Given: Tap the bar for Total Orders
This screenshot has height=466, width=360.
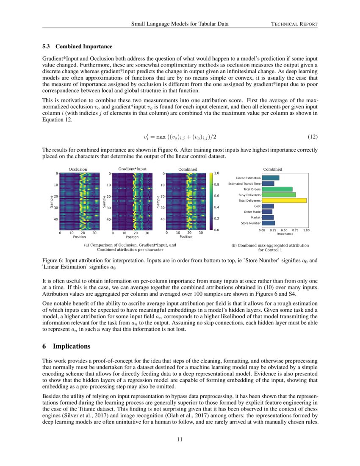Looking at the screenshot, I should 277,189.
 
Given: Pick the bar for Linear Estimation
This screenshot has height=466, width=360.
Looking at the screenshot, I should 270,178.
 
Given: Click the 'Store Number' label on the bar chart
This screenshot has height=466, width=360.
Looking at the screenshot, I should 251,223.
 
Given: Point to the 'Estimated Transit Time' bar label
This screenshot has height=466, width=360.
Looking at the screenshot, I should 245,183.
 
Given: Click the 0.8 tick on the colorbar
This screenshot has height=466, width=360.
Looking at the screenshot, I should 216,185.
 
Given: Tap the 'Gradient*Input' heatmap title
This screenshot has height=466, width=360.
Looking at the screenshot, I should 132,169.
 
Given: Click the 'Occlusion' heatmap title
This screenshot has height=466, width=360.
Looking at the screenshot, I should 78,169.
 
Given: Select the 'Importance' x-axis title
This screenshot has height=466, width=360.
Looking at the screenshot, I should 285,233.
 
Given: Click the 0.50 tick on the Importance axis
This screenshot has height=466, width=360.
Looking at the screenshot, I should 284,230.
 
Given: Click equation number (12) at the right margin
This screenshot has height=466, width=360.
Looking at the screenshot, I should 312,137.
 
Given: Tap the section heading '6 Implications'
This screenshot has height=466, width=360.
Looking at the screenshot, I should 66,347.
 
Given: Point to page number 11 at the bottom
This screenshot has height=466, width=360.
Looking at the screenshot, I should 180,439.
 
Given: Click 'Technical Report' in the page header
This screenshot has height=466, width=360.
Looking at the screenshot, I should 294,24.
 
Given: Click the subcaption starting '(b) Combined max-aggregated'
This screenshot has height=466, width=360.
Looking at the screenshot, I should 270,245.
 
